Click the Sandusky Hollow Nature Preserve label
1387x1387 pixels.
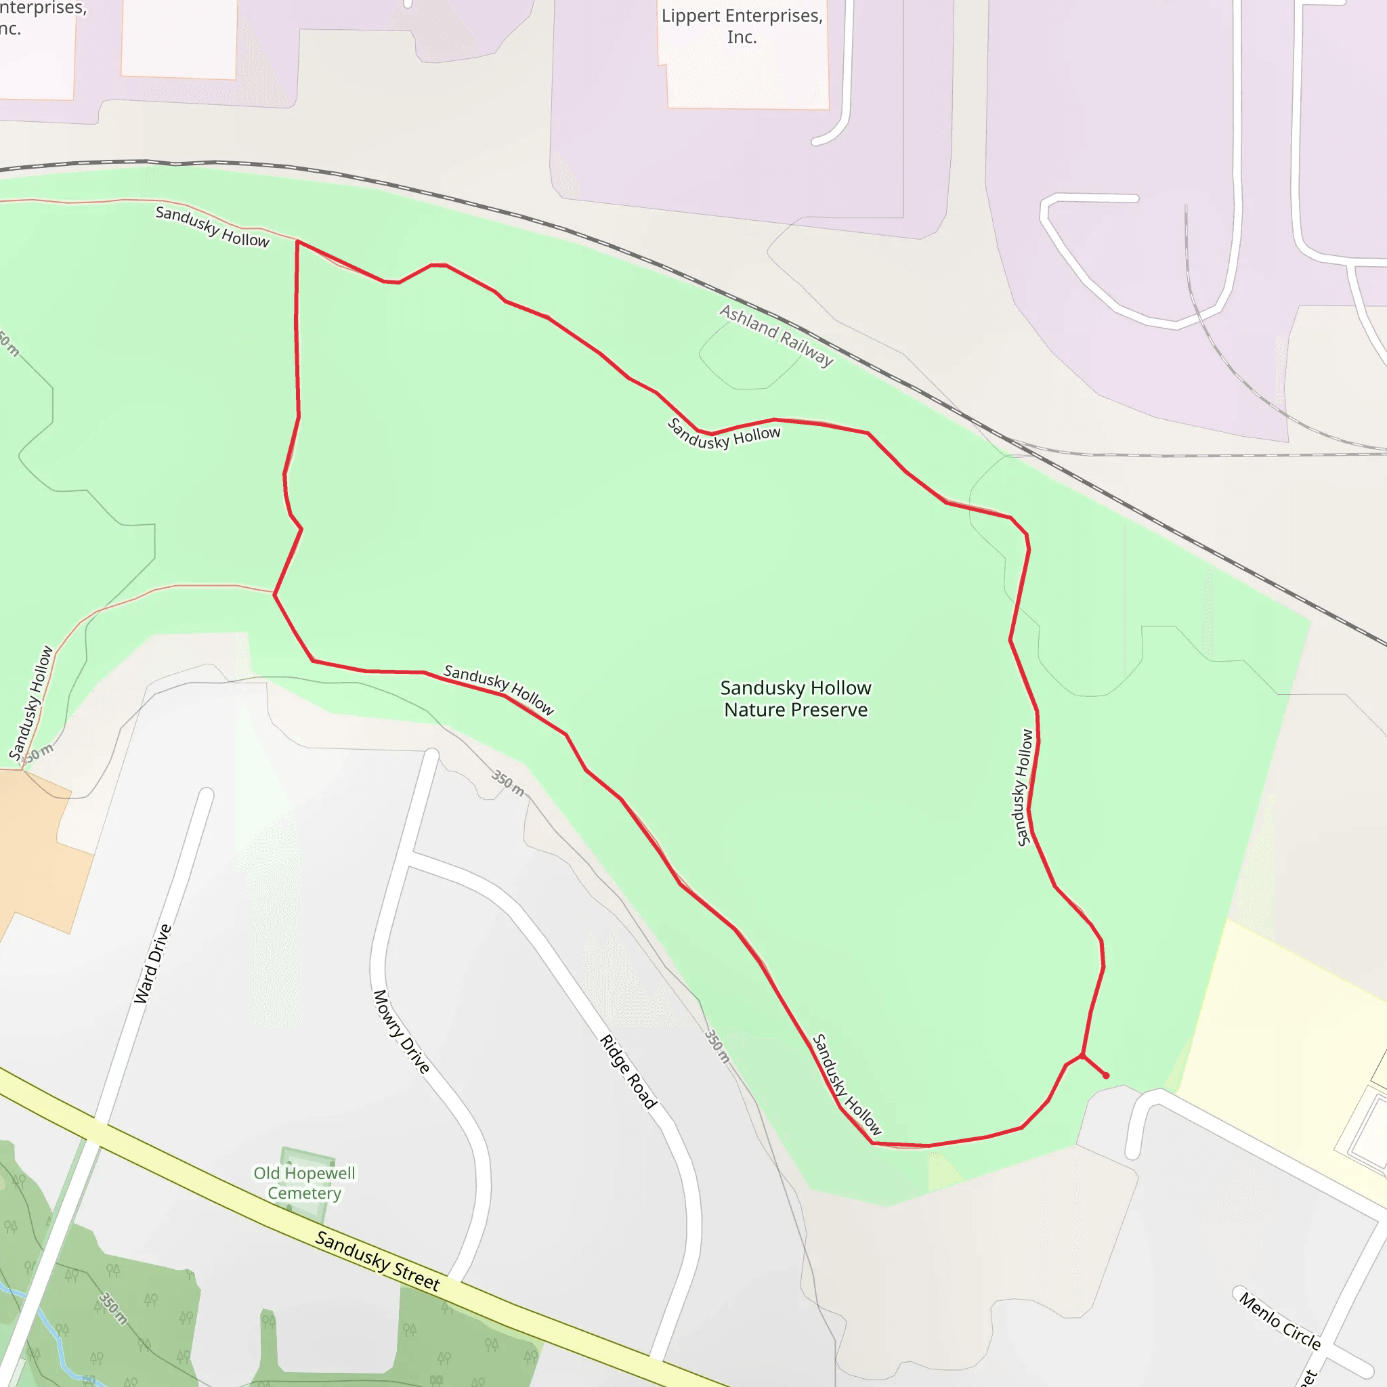point(796,698)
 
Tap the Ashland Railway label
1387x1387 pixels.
point(776,335)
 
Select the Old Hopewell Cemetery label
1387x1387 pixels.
point(304,1182)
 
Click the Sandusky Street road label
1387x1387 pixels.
point(378,1260)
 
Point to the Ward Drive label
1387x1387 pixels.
point(153,964)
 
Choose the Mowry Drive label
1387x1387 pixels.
point(402,1031)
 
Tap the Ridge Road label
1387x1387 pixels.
point(628,1072)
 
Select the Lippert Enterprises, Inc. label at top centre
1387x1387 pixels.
point(742,26)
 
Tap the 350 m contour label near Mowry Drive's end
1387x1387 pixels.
point(507,782)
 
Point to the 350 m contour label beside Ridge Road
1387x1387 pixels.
point(717,1046)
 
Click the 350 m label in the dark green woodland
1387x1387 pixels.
point(112,1308)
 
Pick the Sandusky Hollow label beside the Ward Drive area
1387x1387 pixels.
point(31,703)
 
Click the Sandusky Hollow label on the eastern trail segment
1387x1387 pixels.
point(1024,788)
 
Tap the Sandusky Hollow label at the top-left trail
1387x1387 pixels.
point(213,227)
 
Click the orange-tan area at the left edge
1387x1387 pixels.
point(36,847)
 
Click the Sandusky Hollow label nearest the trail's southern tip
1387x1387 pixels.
point(847,1084)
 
